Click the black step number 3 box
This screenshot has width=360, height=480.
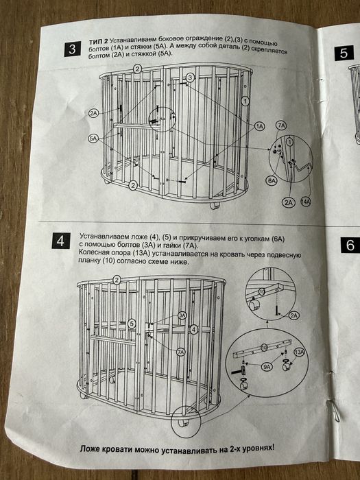pyautogui.click(x=73, y=49)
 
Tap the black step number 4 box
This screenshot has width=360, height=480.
pyautogui.click(x=61, y=241)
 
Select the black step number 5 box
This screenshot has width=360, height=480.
pyautogui.click(x=344, y=53)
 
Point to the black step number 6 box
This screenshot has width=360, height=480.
pyautogui.click(x=350, y=245)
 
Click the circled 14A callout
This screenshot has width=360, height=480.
pyautogui.click(x=306, y=202)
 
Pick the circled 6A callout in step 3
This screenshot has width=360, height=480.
pyautogui.click(x=272, y=181)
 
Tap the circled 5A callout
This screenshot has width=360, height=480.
pyautogui.click(x=93, y=139)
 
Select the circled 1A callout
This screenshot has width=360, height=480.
pyautogui.click(x=260, y=126)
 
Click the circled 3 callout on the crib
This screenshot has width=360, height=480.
pyautogui.click(x=190, y=77)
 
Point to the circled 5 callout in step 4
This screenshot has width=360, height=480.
pyautogui.click(x=132, y=324)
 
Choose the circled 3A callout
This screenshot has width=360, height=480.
pyautogui.click(x=182, y=315)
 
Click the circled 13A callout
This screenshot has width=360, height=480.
pyautogui.click(x=299, y=352)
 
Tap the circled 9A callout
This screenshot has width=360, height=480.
pyautogui.click(x=267, y=367)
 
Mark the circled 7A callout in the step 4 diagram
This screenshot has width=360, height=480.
pyautogui.click(x=181, y=352)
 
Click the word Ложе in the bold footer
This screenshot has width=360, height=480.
pyautogui.click(x=89, y=449)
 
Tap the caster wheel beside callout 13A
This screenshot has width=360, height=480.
pyautogui.click(x=287, y=365)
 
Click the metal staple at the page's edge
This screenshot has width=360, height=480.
pyautogui.click(x=334, y=411)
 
